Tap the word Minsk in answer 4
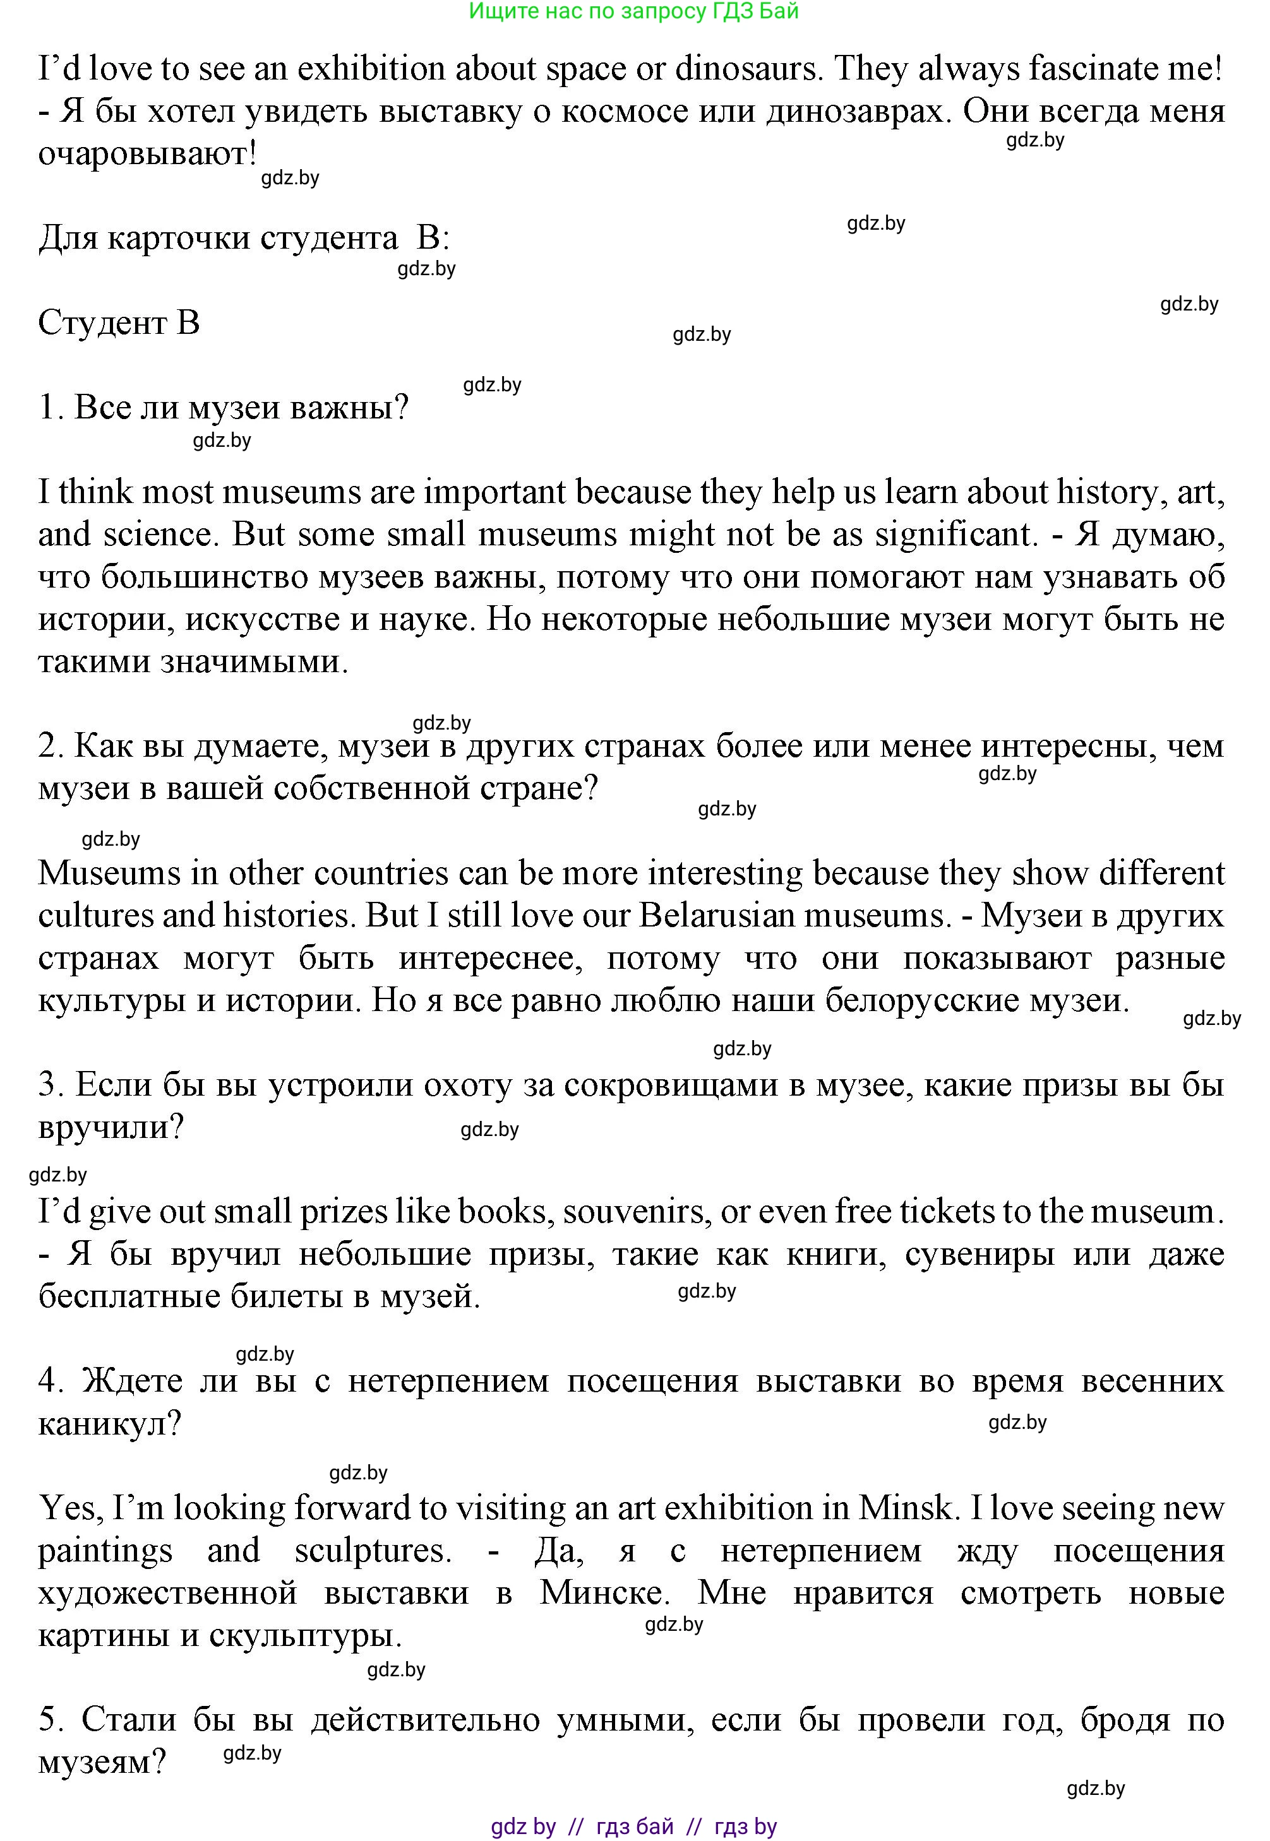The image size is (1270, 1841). click(x=905, y=1508)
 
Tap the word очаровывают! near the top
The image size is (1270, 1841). click(x=147, y=154)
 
